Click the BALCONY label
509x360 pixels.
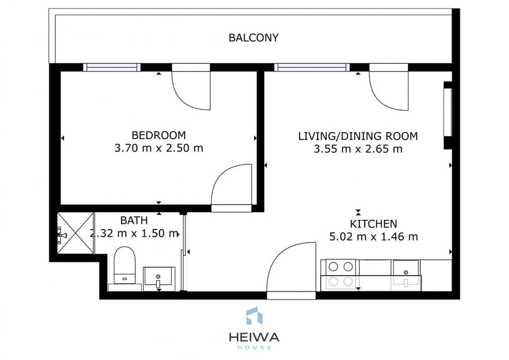(x=253, y=38)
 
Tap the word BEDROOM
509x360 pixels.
(x=159, y=135)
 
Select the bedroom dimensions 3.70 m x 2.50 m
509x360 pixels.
(x=159, y=148)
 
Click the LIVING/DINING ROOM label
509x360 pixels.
(x=358, y=136)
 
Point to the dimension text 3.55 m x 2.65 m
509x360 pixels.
(x=358, y=149)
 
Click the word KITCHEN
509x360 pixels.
(x=373, y=224)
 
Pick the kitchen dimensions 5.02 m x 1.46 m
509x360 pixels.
(x=373, y=236)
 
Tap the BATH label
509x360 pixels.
(x=134, y=220)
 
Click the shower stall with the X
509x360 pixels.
(x=75, y=233)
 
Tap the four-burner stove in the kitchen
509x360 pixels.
(x=340, y=274)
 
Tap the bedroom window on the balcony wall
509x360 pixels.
(x=112, y=67)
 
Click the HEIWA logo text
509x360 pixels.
(x=254, y=337)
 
